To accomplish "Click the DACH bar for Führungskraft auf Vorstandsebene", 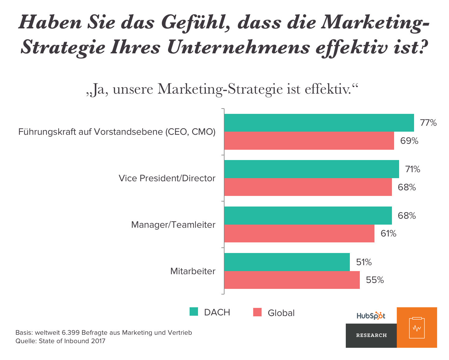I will (319, 123).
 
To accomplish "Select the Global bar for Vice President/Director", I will (308, 187).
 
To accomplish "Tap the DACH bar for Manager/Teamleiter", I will (308, 215).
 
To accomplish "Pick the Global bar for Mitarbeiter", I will (292, 280).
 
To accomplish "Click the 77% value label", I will (428, 123).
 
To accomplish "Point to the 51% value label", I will (364, 262).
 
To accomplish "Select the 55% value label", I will (375, 280).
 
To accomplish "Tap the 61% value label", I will (388, 233).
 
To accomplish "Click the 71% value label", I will (413, 169).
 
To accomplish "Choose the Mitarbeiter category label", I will (193, 271).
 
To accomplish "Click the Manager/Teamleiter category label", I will (173, 225).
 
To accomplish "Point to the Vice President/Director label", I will (167, 178).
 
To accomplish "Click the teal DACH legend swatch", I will (194, 312).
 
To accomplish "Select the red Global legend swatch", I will (257, 312).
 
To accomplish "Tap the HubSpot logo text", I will (371, 316).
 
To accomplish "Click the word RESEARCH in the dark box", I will (371, 335).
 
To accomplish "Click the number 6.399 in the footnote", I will (71, 333).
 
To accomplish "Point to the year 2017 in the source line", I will (98, 341).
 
